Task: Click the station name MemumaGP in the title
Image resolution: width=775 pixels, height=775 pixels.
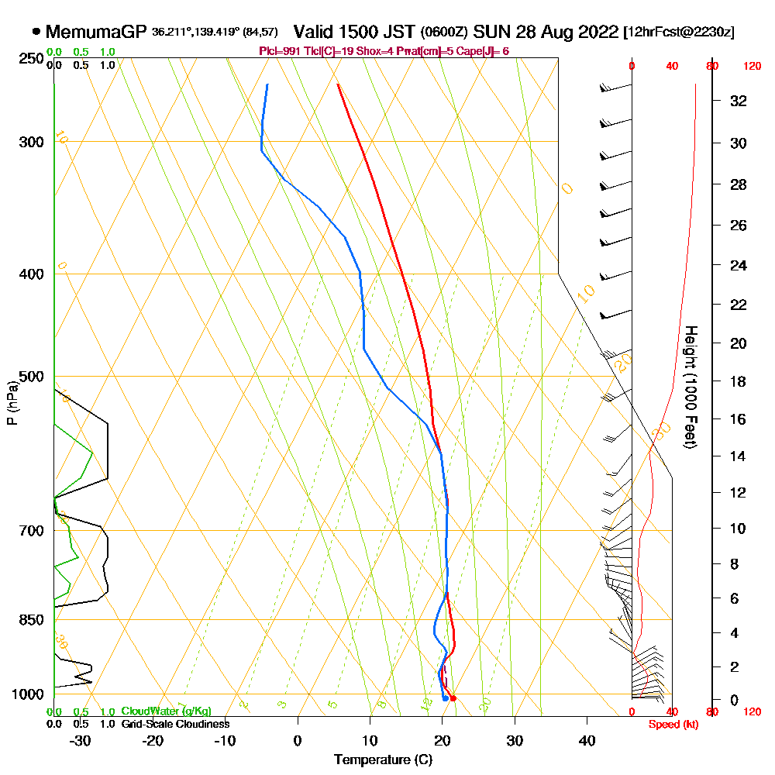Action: tap(96, 32)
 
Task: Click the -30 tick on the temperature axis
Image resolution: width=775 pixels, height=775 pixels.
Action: tap(81, 739)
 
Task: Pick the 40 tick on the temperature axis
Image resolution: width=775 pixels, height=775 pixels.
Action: tap(587, 739)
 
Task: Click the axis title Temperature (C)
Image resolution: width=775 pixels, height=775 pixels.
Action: tap(383, 759)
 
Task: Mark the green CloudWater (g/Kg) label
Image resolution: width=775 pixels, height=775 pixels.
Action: tap(166, 711)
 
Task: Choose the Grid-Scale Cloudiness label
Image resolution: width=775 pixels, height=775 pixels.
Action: tap(175, 724)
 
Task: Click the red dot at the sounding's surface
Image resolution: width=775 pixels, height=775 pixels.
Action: tap(453, 698)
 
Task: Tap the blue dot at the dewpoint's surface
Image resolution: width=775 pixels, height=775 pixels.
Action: tap(445, 698)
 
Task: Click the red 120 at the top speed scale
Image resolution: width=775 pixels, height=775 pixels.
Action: tap(752, 67)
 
